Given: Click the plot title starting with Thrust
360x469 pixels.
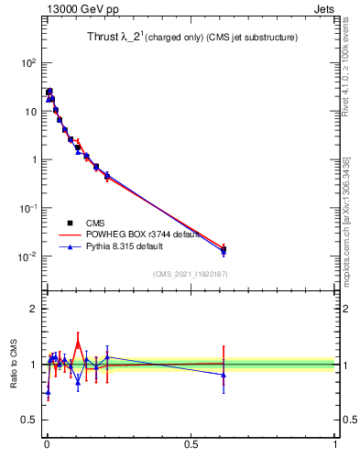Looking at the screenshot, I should pyautogui.click(x=186, y=37).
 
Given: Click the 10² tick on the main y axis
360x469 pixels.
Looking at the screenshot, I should pyautogui.click(x=29, y=63).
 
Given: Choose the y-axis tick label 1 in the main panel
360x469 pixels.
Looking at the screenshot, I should pyautogui.click(x=35, y=159).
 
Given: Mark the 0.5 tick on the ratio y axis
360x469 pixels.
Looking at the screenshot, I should pyautogui.click(x=31, y=420).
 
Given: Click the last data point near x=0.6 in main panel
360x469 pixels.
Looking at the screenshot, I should pyautogui.click(x=224, y=249).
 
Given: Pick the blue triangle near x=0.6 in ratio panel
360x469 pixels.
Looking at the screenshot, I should pyautogui.click(x=224, y=375).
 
